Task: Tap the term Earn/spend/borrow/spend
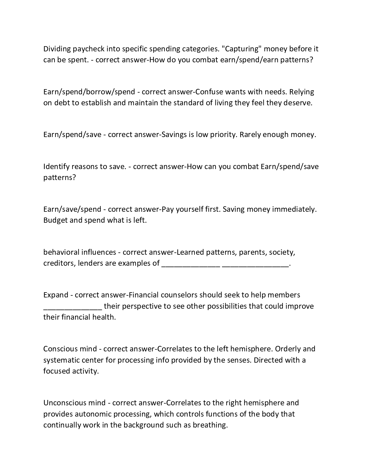click(x=89, y=92)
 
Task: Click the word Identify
click(x=56, y=167)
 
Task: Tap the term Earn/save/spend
click(x=72, y=209)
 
